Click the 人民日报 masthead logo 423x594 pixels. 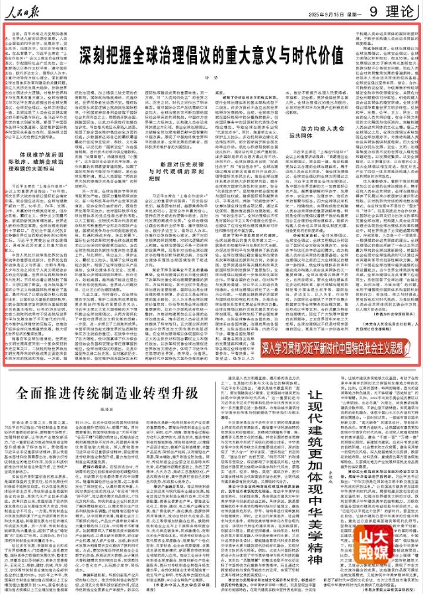(x=25, y=11)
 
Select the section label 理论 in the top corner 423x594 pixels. (x=397, y=11)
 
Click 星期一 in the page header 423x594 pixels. (x=349, y=13)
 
